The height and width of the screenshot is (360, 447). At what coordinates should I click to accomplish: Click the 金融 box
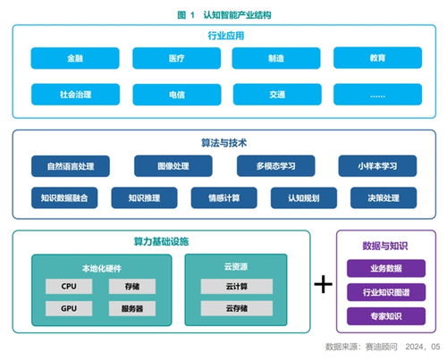74,58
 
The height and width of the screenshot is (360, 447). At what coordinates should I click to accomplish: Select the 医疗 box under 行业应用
175,58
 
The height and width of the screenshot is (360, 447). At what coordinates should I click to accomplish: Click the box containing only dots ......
377,94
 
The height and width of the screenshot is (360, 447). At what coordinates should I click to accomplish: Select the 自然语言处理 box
70,165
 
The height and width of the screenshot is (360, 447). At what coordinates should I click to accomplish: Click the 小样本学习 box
377,165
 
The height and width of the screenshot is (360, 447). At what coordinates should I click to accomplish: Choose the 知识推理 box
143,197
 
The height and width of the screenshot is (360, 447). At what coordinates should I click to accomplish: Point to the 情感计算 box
223,197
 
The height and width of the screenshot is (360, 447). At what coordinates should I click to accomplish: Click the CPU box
70,286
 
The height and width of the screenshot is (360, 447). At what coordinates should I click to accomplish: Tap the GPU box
70,308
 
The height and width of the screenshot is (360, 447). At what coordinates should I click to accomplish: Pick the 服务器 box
132,308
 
